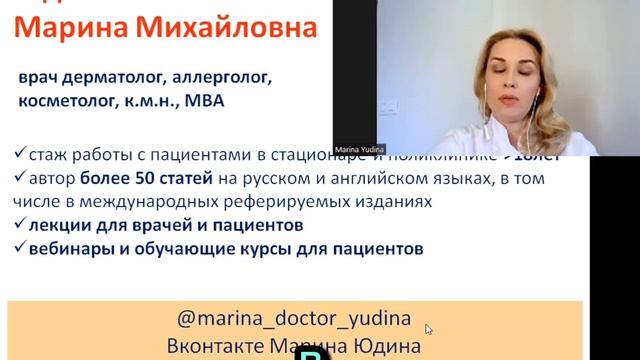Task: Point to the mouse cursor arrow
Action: [x=429, y=328]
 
